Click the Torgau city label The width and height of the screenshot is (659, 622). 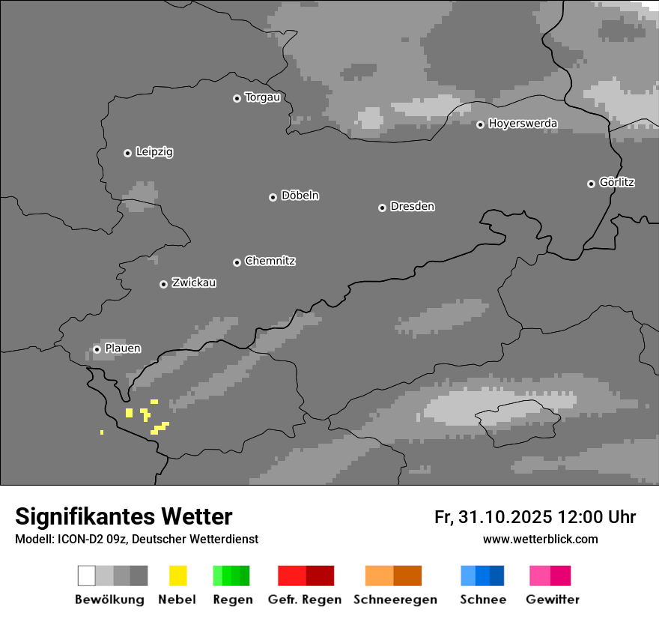click(x=262, y=97)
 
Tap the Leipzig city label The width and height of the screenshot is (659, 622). click(x=154, y=152)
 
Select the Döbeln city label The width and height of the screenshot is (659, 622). click(x=300, y=196)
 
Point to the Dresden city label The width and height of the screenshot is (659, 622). click(x=412, y=206)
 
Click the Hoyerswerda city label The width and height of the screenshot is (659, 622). click(x=523, y=124)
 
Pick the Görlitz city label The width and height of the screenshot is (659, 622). click(x=617, y=182)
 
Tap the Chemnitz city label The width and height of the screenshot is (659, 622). click(x=270, y=261)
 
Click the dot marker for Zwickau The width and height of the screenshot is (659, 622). click(x=163, y=284)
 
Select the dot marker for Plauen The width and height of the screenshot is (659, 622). click(x=97, y=349)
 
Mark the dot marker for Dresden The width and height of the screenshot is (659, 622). click(x=382, y=208)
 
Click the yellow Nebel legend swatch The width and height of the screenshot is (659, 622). click(x=177, y=576)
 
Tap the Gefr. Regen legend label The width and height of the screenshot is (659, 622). click(x=305, y=600)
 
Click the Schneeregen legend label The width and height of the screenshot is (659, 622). click(x=395, y=600)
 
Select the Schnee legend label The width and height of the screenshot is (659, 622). click(x=483, y=600)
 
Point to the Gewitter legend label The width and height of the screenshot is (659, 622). click(x=553, y=600)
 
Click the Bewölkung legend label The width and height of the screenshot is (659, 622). click(x=109, y=600)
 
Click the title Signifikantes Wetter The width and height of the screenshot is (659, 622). click(x=124, y=517)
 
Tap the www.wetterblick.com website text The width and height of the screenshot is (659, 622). click(x=540, y=540)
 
